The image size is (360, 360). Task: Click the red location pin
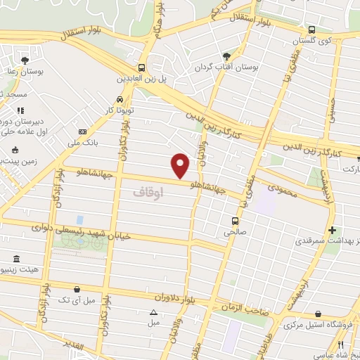coord(181,166)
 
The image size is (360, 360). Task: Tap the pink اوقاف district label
coord(147,191)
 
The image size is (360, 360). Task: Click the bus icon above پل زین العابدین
coord(142,68)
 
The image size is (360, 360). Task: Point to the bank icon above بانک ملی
coord(82,131)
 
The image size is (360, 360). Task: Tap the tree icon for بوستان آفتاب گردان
coord(226,56)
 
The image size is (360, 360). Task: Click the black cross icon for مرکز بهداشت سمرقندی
coord(332,230)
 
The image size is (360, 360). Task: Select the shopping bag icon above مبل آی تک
coord(77,289)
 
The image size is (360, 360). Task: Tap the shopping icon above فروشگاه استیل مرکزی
coord(319,314)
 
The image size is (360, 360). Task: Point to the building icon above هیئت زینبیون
coord(17,258)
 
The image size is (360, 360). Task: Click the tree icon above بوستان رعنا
coord(25,60)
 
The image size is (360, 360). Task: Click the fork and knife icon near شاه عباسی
coord(340,345)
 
